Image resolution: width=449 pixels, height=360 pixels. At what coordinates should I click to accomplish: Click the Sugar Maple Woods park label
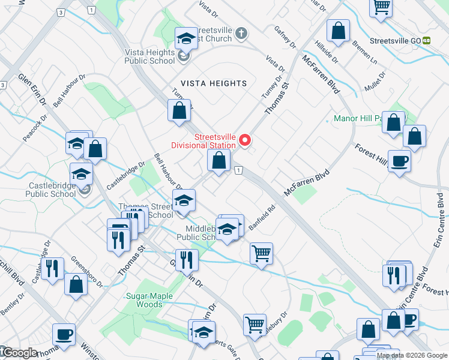(x=149, y=300)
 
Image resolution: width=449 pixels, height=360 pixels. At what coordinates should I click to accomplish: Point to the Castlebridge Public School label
(x=53, y=190)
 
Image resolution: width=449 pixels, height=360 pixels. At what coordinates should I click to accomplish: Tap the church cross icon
(x=241, y=32)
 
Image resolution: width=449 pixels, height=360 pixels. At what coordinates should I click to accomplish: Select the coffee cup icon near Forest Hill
(x=399, y=161)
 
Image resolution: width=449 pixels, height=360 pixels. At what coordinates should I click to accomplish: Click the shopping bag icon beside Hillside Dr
(x=338, y=32)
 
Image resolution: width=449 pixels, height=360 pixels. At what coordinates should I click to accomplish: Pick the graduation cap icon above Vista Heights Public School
(x=186, y=39)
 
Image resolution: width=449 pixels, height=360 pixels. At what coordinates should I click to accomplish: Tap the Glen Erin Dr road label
(x=32, y=90)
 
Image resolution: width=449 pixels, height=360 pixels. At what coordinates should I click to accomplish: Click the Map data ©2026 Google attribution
(x=411, y=355)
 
